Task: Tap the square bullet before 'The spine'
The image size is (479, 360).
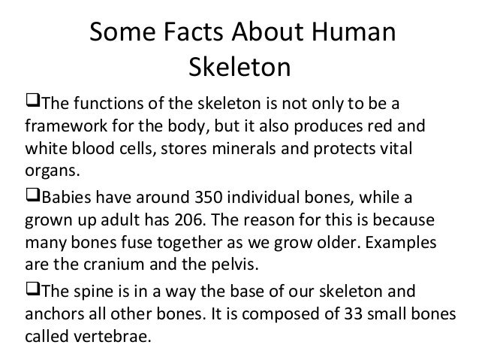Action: point(32,291)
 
